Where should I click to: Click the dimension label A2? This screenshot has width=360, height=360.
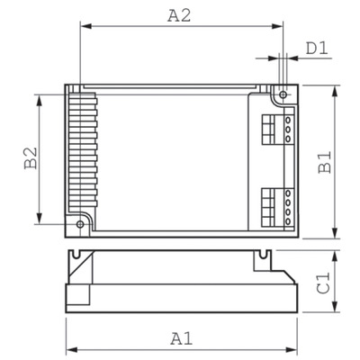point(181,14)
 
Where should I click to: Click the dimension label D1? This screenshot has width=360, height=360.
point(315,49)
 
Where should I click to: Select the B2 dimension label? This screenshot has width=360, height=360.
point(29,159)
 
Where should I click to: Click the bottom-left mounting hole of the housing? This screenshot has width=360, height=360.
point(79,222)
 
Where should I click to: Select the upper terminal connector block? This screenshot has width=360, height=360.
point(276,128)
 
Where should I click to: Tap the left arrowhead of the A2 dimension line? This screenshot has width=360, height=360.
point(84,28)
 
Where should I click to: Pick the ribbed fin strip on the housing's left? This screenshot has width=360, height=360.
point(79,153)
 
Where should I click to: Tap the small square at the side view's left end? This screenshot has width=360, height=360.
point(77,296)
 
